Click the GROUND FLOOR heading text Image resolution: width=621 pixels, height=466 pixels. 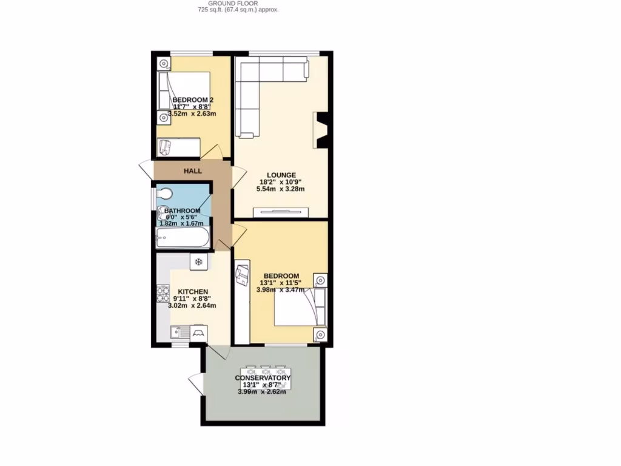click(238, 3)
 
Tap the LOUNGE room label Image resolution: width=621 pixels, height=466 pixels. click(279, 175)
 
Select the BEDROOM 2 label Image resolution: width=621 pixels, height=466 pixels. click(193, 100)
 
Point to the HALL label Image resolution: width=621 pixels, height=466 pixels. click(193, 171)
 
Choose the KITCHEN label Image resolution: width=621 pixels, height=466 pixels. click(193, 291)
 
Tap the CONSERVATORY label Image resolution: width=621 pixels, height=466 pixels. click(263, 378)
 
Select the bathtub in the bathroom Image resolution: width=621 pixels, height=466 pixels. click(183, 238)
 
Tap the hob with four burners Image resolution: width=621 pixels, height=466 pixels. click(163, 294)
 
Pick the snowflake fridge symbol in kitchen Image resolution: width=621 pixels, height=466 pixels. click(198, 262)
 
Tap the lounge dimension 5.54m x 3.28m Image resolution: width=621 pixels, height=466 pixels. click(279, 189)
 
